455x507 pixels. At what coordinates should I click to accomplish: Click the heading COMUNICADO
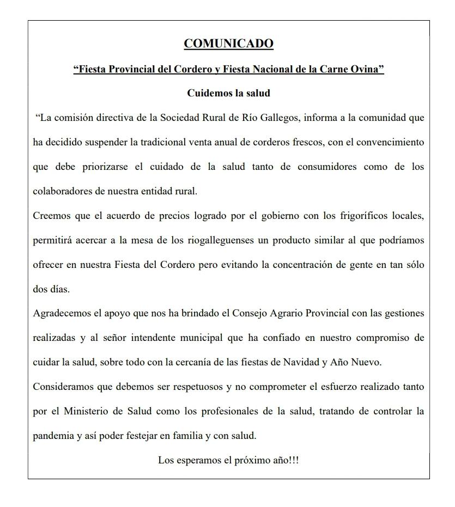[x=228, y=44]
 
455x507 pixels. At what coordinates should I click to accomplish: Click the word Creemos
[x=52, y=216]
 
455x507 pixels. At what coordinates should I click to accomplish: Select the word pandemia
[x=53, y=436]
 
